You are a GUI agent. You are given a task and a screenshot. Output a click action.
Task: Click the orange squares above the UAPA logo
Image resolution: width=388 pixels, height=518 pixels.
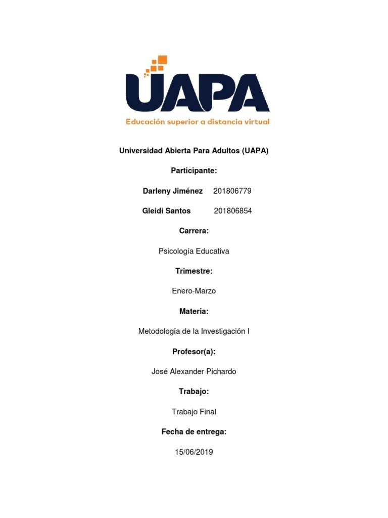point(156,64)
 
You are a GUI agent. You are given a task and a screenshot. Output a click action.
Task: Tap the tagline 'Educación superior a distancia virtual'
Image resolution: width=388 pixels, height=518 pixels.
point(198,121)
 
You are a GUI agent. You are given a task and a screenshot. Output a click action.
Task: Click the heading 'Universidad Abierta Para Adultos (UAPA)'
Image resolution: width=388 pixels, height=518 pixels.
point(193,151)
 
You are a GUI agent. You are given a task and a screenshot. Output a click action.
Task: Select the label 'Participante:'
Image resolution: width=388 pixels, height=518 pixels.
point(194,171)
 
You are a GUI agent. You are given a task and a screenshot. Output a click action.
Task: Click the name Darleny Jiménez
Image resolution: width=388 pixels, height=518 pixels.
point(173,191)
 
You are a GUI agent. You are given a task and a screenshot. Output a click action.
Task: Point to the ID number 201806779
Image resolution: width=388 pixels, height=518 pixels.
point(232,191)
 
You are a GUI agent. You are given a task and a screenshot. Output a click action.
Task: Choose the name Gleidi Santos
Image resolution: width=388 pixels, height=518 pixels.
point(167,211)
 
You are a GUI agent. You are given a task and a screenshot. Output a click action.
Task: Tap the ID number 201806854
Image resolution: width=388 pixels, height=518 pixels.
point(233,211)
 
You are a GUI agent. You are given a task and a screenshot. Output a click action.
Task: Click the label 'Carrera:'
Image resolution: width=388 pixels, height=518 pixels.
point(194,231)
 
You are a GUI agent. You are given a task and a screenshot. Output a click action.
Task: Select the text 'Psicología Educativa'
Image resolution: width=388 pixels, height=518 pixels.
point(194,251)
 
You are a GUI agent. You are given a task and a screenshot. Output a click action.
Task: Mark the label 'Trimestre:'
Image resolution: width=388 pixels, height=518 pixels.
point(194,271)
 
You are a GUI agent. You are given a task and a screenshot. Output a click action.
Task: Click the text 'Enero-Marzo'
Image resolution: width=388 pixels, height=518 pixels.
point(194,291)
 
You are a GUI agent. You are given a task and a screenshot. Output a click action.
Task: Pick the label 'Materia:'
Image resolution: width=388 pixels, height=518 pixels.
point(194,311)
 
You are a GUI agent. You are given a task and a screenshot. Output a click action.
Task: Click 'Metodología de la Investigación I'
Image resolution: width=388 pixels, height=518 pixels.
point(194,331)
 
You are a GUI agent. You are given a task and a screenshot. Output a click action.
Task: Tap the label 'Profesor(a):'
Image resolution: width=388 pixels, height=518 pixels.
point(194,351)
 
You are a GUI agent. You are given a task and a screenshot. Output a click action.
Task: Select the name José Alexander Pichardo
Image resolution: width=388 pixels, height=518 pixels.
point(194,371)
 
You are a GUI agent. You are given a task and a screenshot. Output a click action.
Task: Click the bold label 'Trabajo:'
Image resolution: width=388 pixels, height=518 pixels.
point(194,392)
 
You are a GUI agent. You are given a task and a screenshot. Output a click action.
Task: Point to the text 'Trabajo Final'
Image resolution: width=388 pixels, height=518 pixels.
point(194,412)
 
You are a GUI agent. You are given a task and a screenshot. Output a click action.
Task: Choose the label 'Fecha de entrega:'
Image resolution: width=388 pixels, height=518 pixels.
point(194,431)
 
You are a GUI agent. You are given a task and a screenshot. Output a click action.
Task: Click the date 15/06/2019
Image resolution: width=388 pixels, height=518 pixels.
point(194,452)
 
